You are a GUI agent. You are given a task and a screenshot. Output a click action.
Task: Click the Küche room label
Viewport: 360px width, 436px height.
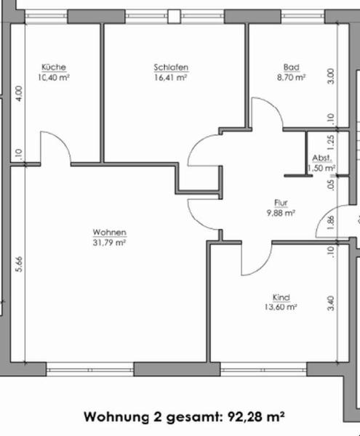[x=54, y=67]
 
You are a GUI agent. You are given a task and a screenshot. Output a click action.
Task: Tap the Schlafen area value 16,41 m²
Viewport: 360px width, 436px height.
[x=170, y=77]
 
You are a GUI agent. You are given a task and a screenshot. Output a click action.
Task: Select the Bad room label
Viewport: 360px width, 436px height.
[x=292, y=67]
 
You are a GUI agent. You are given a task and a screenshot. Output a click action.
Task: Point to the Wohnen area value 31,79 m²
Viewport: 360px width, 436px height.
[x=109, y=243]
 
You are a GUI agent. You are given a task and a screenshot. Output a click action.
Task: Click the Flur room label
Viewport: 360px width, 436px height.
[x=281, y=203]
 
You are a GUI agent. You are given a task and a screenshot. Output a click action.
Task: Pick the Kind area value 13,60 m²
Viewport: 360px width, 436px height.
[x=281, y=307]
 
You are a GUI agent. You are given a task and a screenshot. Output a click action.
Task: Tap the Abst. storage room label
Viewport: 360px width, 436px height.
[x=322, y=158]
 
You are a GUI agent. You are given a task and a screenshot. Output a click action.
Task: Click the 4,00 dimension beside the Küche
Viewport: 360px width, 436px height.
[x=19, y=94]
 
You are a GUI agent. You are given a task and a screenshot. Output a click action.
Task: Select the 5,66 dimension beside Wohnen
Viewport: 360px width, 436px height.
[x=19, y=265]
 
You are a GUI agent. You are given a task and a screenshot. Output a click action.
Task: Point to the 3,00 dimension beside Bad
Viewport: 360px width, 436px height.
[x=330, y=76]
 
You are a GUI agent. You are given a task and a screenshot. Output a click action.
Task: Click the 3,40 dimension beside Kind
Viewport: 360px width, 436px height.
[x=330, y=303]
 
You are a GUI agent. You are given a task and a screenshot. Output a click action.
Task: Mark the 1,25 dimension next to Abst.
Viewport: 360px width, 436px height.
[x=330, y=142]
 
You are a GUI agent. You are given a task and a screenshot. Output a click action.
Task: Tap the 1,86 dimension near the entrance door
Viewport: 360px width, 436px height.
[x=330, y=222]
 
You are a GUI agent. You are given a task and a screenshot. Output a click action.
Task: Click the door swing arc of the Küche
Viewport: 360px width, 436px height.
[x=62, y=140]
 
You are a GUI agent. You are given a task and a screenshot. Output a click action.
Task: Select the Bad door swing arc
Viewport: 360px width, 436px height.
[x=273, y=106]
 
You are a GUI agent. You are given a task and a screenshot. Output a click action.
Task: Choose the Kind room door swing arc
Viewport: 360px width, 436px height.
[x=263, y=267]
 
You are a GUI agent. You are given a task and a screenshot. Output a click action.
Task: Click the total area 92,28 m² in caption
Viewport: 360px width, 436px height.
[x=256, y=417]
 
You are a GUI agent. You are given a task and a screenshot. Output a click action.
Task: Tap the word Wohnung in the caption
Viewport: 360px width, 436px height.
[x=116, y=417]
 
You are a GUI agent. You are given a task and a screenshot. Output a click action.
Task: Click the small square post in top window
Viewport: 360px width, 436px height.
[x=174, y=17]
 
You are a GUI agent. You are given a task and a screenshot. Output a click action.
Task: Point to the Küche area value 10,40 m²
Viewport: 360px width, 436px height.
[x=54, y=77]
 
